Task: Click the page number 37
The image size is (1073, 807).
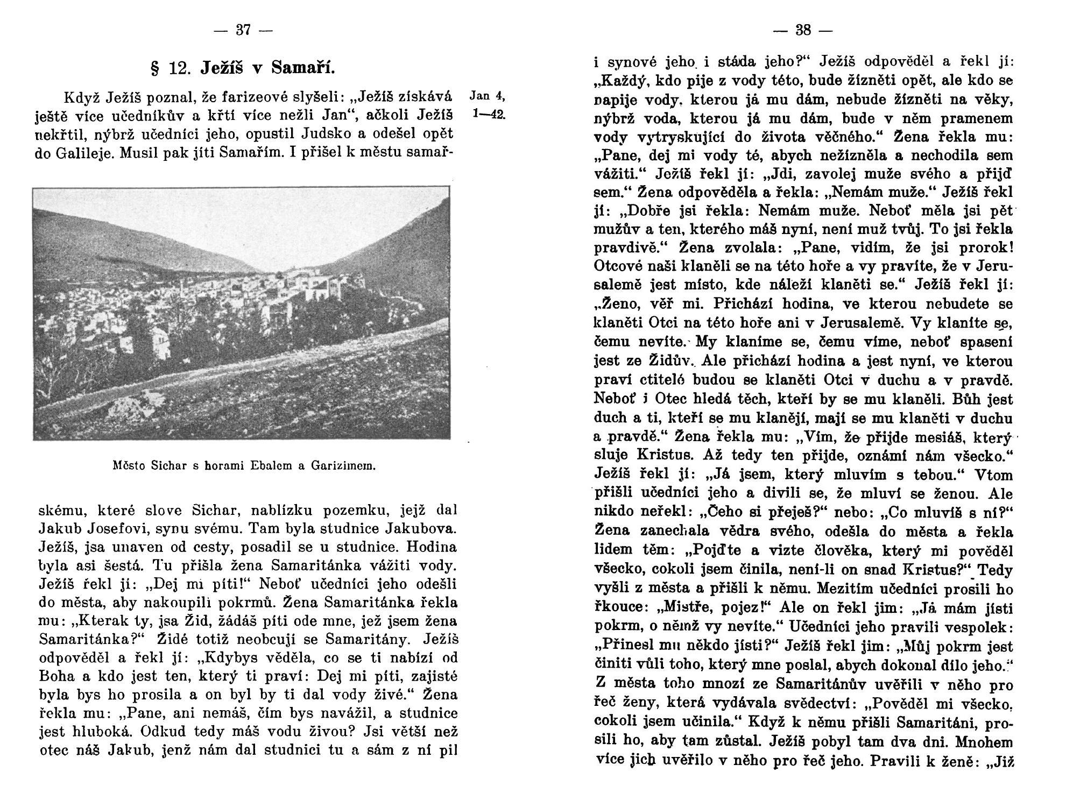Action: tap(244, 30)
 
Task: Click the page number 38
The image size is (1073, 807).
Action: tap(802, 30)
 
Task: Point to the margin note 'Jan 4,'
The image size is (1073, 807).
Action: tap(487, 96)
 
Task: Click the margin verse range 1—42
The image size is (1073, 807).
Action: tap(489, 115)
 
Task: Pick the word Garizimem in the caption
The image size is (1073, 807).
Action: tap(342, 465)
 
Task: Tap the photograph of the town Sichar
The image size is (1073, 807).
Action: tap(242, 313)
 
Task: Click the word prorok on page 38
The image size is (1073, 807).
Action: tap(983, 248)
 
